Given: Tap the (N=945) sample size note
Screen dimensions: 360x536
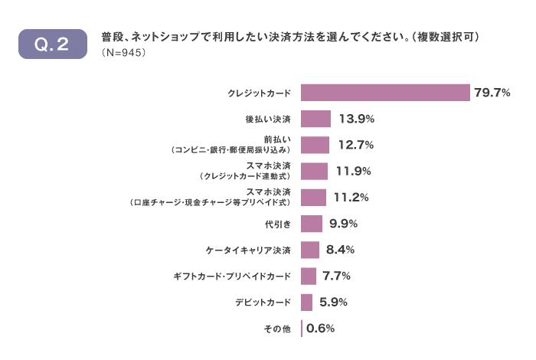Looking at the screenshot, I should coord(123,54).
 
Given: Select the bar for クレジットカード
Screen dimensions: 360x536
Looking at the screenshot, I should coord(384,93).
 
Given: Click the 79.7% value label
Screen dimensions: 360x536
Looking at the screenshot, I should coord(492,93).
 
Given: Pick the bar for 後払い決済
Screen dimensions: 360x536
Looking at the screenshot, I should coord(315,119).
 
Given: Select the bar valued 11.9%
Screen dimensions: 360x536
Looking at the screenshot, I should coord(314,171).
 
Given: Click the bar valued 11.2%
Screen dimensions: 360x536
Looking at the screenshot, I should coord(313,197).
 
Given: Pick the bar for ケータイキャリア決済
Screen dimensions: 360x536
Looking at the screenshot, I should coord(310,250).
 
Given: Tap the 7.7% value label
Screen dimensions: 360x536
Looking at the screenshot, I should coord(337,276).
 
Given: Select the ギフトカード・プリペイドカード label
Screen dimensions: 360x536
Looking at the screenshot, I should coord(233,276).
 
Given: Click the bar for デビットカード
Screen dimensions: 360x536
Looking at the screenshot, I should coord(307,302).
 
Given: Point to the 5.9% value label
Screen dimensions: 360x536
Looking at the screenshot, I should coord(333,302).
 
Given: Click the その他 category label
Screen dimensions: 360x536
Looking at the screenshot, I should coord(277,329).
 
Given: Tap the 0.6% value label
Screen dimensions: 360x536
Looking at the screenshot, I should coord(320,329).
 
